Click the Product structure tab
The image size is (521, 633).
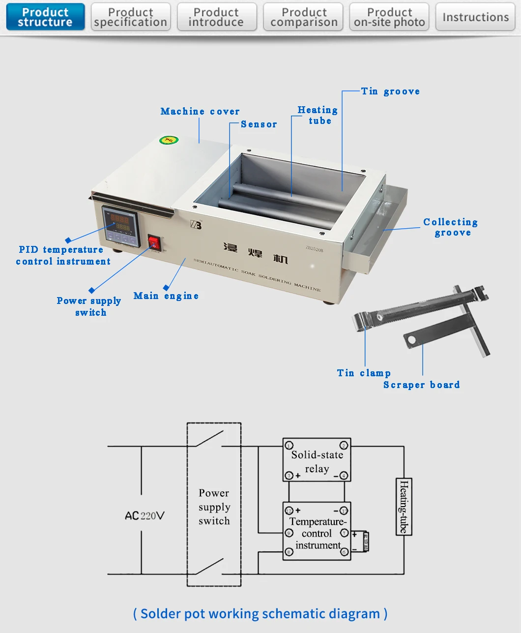pyautogui.click(x=45, y=17)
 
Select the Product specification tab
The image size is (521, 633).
pyautogui.click(x=131, y=17)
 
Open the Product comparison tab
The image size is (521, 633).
pyautogui.click(x=303, y=17)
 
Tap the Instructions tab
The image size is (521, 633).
pyautogui.click(x=475, y=17)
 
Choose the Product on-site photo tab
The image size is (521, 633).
pyautogui.click(x=389, y=17)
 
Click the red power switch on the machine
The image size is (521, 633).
pyautogui.click(x=154, y=242)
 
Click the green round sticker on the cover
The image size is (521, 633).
pyautogui.click(x=168, y=141)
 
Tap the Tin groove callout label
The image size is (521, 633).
pyautogui.click(x=390, y=91)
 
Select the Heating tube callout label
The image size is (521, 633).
pyautogui.click(x=318, y=116)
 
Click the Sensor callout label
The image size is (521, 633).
pyautogui.click(x=259, y=124)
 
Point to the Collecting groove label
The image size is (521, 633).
pyautogui.click(x=451, y=227)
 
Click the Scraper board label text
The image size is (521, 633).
pyautogui.click(x=421, y=385)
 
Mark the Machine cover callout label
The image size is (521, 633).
pyautogui.click(x=200, y=112)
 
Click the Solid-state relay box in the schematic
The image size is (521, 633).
pyautogui.click(x=317, y=460)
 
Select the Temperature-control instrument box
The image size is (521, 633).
pyautogui.click(x=317, y=531)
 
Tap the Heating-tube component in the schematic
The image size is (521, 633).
pyautogui.click(x=404, y=506)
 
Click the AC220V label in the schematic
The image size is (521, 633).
pyautogui.click(x=145, y=515)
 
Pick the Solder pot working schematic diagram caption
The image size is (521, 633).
pyautogui.click(x=260, y=613)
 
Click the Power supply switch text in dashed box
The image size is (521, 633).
pyautogui.click(x=214, y=507)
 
